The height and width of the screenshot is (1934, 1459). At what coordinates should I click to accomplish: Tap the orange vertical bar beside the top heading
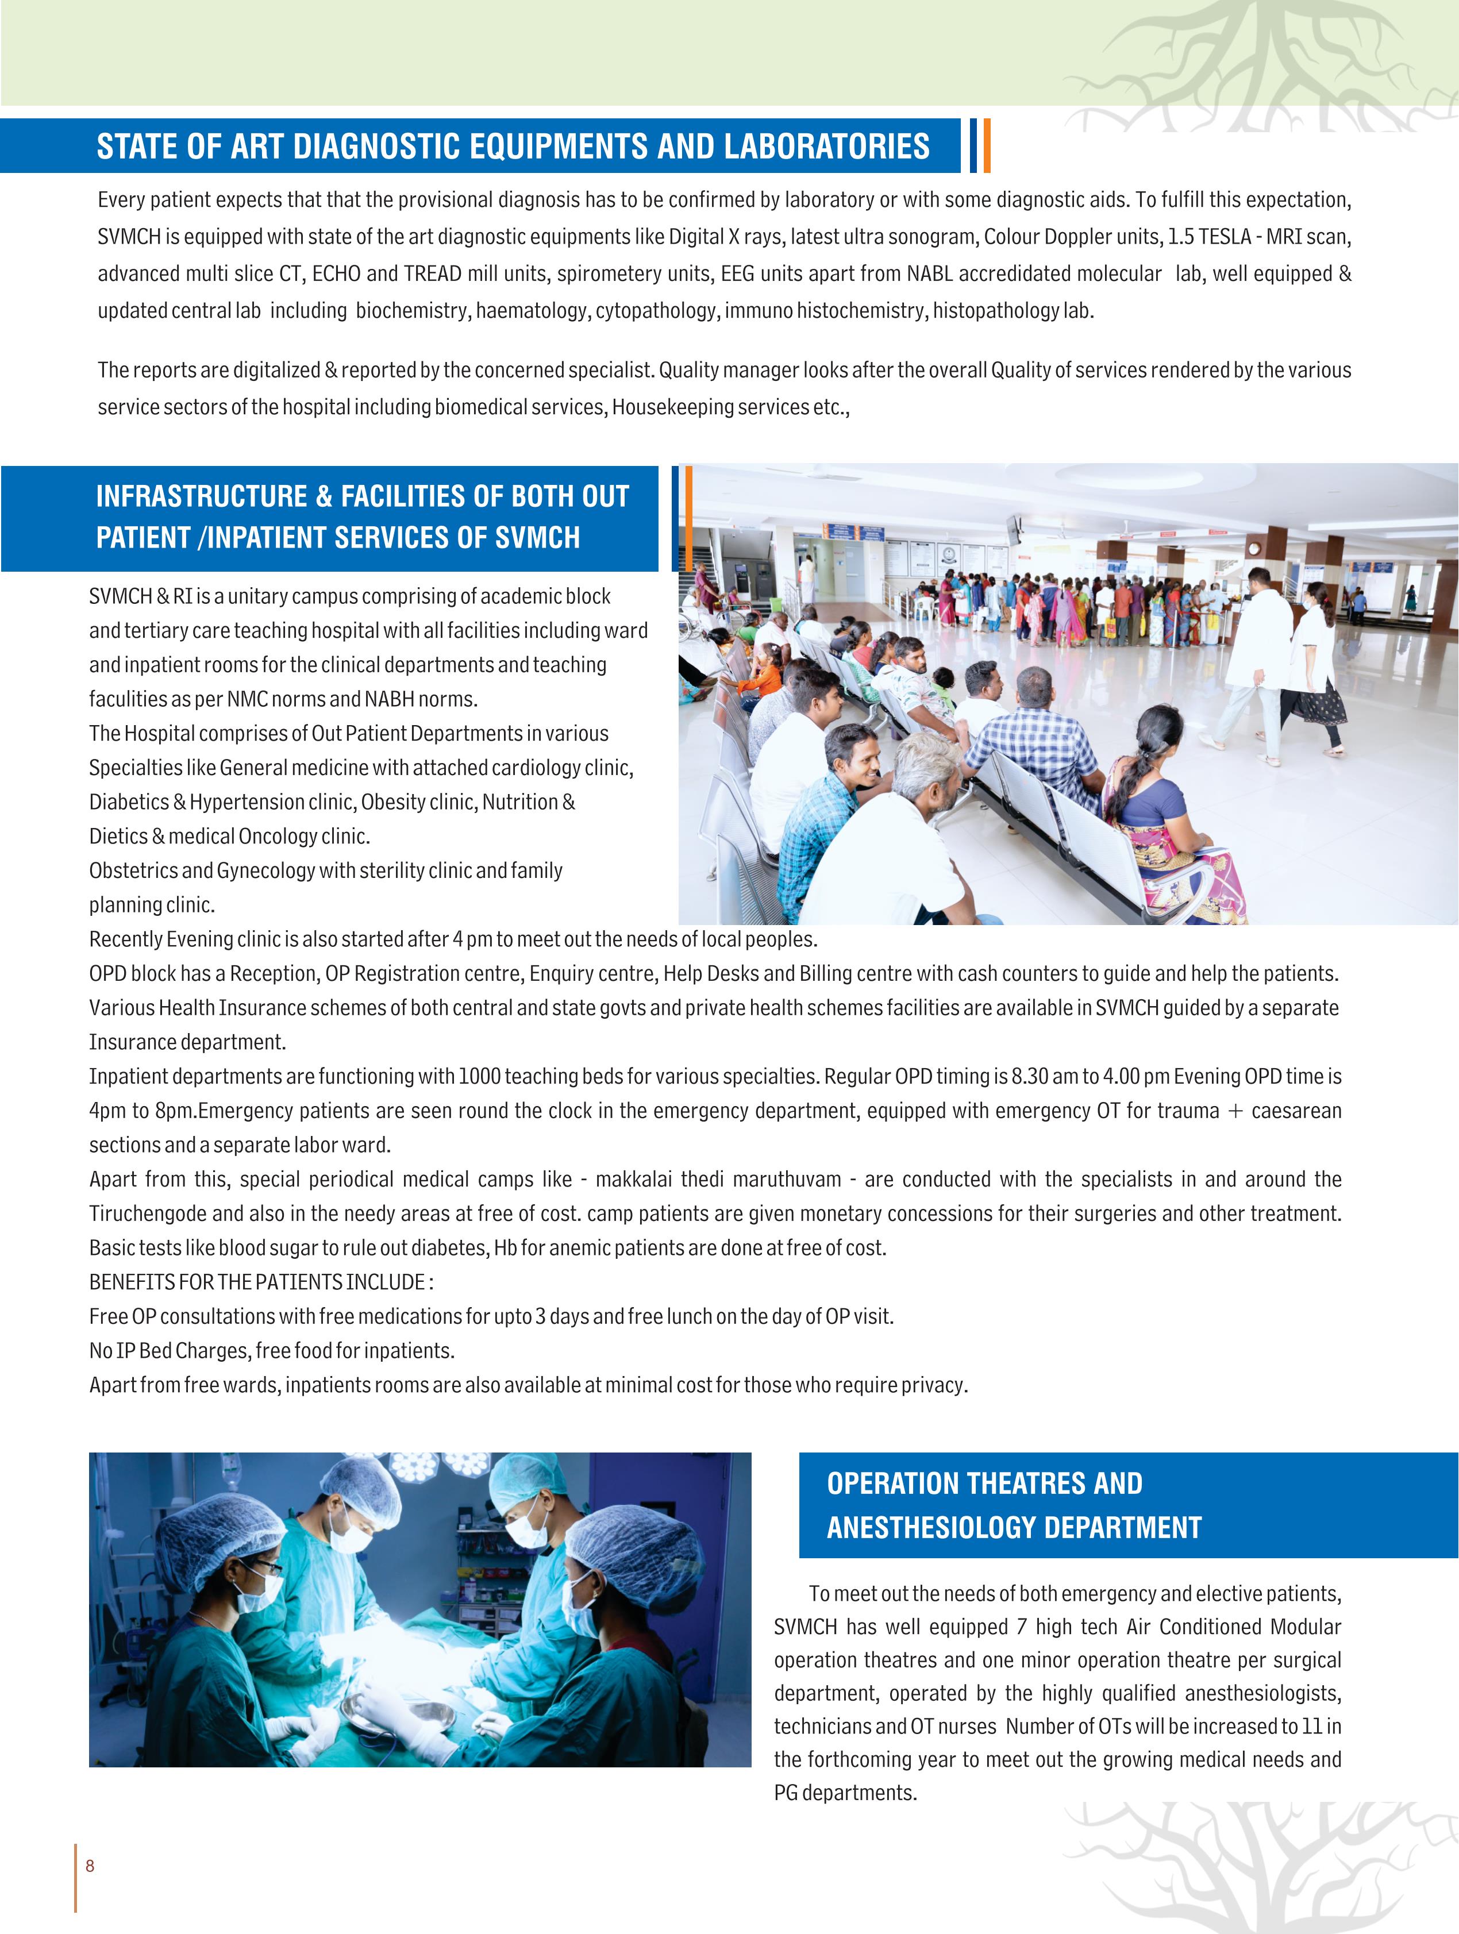point(987,145)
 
